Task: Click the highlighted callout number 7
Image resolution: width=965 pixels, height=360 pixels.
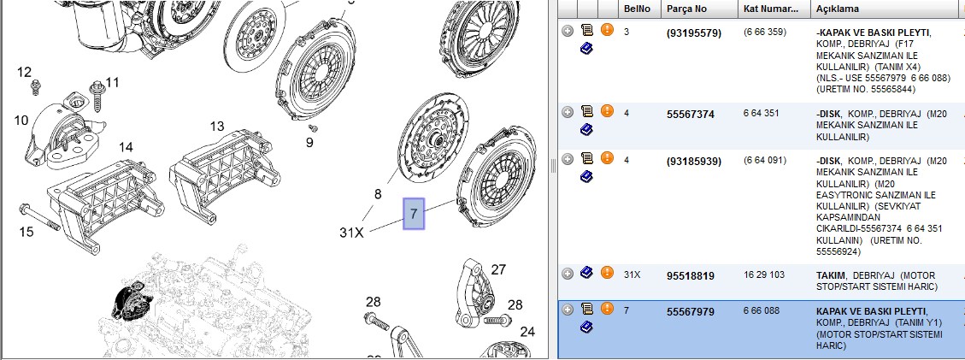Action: (x=414, y=214)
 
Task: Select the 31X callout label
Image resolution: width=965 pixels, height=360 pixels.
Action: (x=352, y=233)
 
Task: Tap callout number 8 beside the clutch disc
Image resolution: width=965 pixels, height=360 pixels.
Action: (x=378, y=195)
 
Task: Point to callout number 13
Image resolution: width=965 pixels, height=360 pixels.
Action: (x=217, y=127)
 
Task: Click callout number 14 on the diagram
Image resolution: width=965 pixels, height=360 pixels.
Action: (x=126, y=147)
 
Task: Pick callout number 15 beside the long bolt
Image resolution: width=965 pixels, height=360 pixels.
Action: (x=26, y=232)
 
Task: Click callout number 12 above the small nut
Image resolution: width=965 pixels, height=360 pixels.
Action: (x=24, y=72)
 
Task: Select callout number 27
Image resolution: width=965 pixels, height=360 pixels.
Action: (x=498, y=269)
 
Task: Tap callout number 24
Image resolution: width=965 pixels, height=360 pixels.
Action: (x=527, y=332)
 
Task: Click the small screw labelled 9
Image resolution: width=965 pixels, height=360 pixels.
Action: (x=313, y=128)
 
